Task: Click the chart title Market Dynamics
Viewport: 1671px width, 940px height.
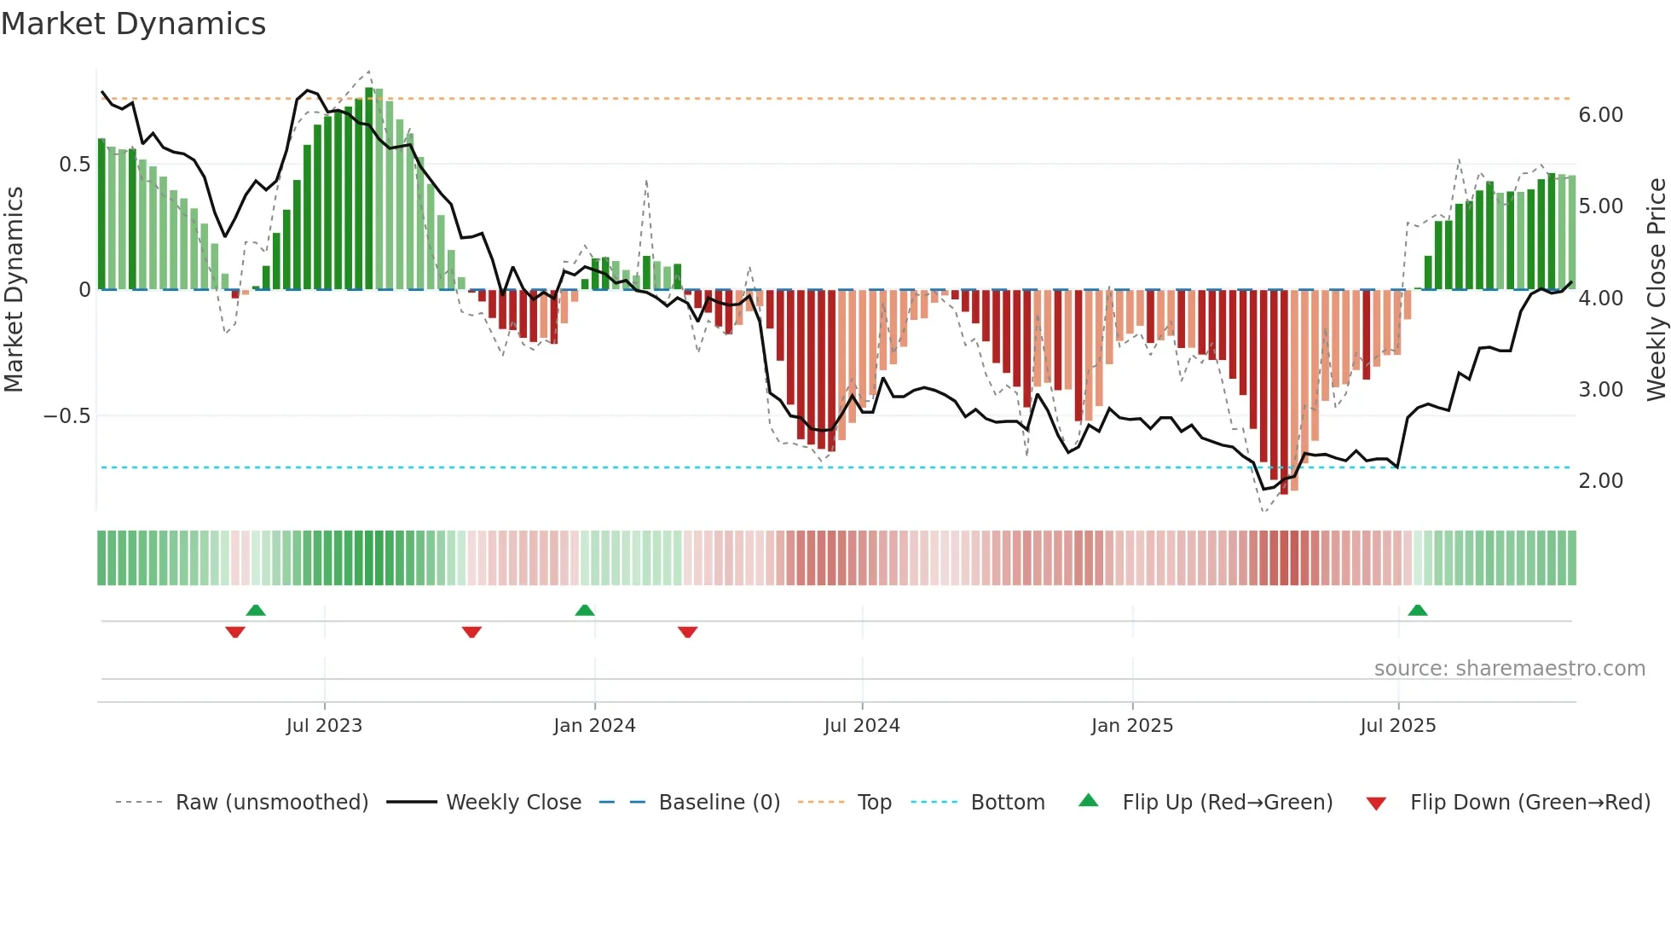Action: pos(134,24)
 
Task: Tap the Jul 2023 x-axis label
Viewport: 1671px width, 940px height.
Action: pos(324,726)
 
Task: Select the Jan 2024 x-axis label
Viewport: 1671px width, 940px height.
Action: pos(594,726)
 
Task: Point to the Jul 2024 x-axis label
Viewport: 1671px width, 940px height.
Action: pos(862,726)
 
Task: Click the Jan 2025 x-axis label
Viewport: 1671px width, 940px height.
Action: pos(1132,726)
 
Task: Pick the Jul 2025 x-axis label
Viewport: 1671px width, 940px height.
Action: pos(1398,726)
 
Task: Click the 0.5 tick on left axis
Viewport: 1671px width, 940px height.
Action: pos(74,165)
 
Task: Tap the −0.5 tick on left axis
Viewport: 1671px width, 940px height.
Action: pos(66,416)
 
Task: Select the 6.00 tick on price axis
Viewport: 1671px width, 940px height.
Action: pos(1600,115)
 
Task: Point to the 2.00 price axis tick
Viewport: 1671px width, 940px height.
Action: pos(1600,481)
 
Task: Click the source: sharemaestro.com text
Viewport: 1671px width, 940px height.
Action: pos(1509,669)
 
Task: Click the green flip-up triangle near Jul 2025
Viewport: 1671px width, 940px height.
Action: pos(1418,611)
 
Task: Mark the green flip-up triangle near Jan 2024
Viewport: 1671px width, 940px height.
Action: pos(585,611)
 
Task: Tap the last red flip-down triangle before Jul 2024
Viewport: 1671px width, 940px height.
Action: pos(688,632)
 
